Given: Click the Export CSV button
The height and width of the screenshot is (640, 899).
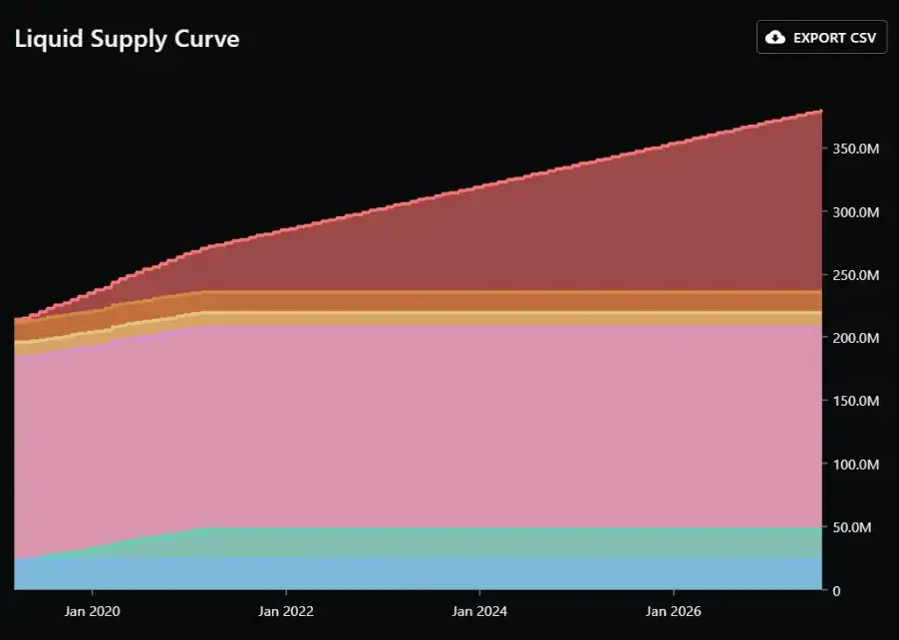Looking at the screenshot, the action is click(x=821, y=37).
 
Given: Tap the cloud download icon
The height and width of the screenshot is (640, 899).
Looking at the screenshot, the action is click(x=775, y=37).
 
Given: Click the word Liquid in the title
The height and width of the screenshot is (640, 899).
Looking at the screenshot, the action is click(x=49, y=39).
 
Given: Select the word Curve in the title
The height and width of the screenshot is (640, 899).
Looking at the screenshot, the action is click(x=207, y=39).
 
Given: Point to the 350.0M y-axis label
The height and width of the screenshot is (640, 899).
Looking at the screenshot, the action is click(x=856, y=150).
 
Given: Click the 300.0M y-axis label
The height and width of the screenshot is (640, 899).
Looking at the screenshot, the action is click(x=856, y=212).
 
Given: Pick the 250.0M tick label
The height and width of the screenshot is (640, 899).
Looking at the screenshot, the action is click(x=856, y=275).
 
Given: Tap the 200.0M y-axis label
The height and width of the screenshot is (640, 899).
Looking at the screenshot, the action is click(x=856, y=338).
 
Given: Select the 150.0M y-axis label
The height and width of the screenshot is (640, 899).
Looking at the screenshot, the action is click(x=856, y=401).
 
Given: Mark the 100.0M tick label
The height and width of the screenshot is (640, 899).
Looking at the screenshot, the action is click(x=856, y=464).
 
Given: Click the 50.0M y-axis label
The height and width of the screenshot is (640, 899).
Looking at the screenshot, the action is click(x=852, y=527).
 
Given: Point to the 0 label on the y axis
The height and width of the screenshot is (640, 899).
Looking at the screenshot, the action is click(x=836, y=591).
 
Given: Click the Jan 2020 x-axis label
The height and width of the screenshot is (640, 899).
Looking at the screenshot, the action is click(x=93, y=611).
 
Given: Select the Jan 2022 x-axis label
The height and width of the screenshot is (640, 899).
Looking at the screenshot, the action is click(x=286, y=611).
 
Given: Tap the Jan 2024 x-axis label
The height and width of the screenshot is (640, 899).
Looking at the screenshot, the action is click(x=479, y=611).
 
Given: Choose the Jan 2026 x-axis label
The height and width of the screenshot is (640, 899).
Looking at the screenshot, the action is click(x=673, y=611).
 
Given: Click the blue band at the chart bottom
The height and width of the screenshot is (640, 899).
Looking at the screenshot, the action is click(x=418, y=573).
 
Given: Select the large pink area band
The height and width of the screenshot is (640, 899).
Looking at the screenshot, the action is click(x=418, y=428).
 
